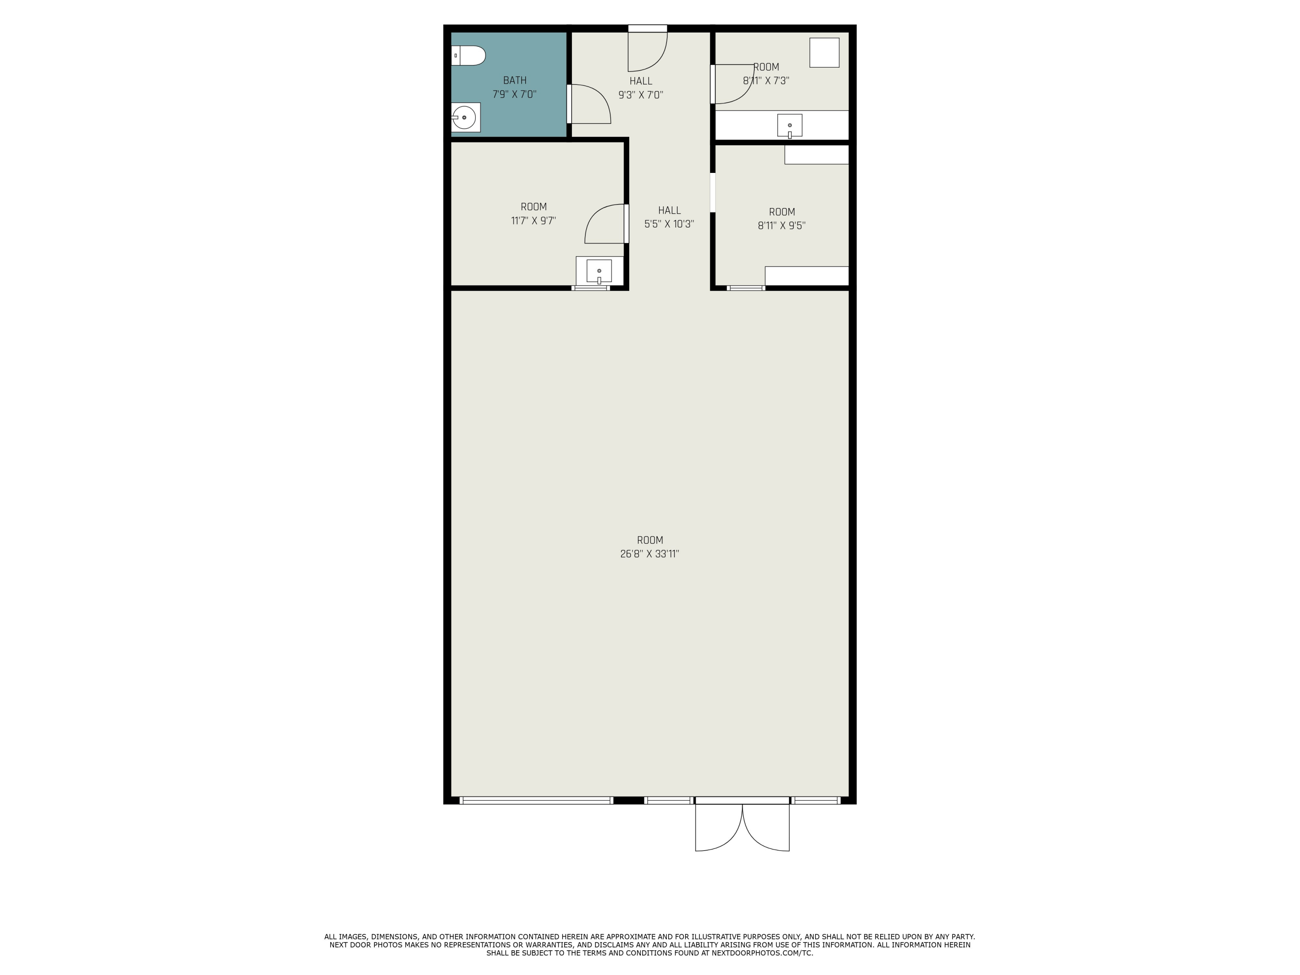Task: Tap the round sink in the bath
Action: coord(465,117)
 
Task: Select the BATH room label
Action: coord(514,81)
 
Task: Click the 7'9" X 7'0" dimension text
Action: coord(514,94)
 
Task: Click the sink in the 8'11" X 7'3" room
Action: coord(789,125)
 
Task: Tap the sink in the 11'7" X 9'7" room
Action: coord(599,271)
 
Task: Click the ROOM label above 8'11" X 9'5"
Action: coord(782,211)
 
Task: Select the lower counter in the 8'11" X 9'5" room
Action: coord(806,276)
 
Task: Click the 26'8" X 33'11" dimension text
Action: coord(650,554)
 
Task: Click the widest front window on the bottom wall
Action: coord(536,800)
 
